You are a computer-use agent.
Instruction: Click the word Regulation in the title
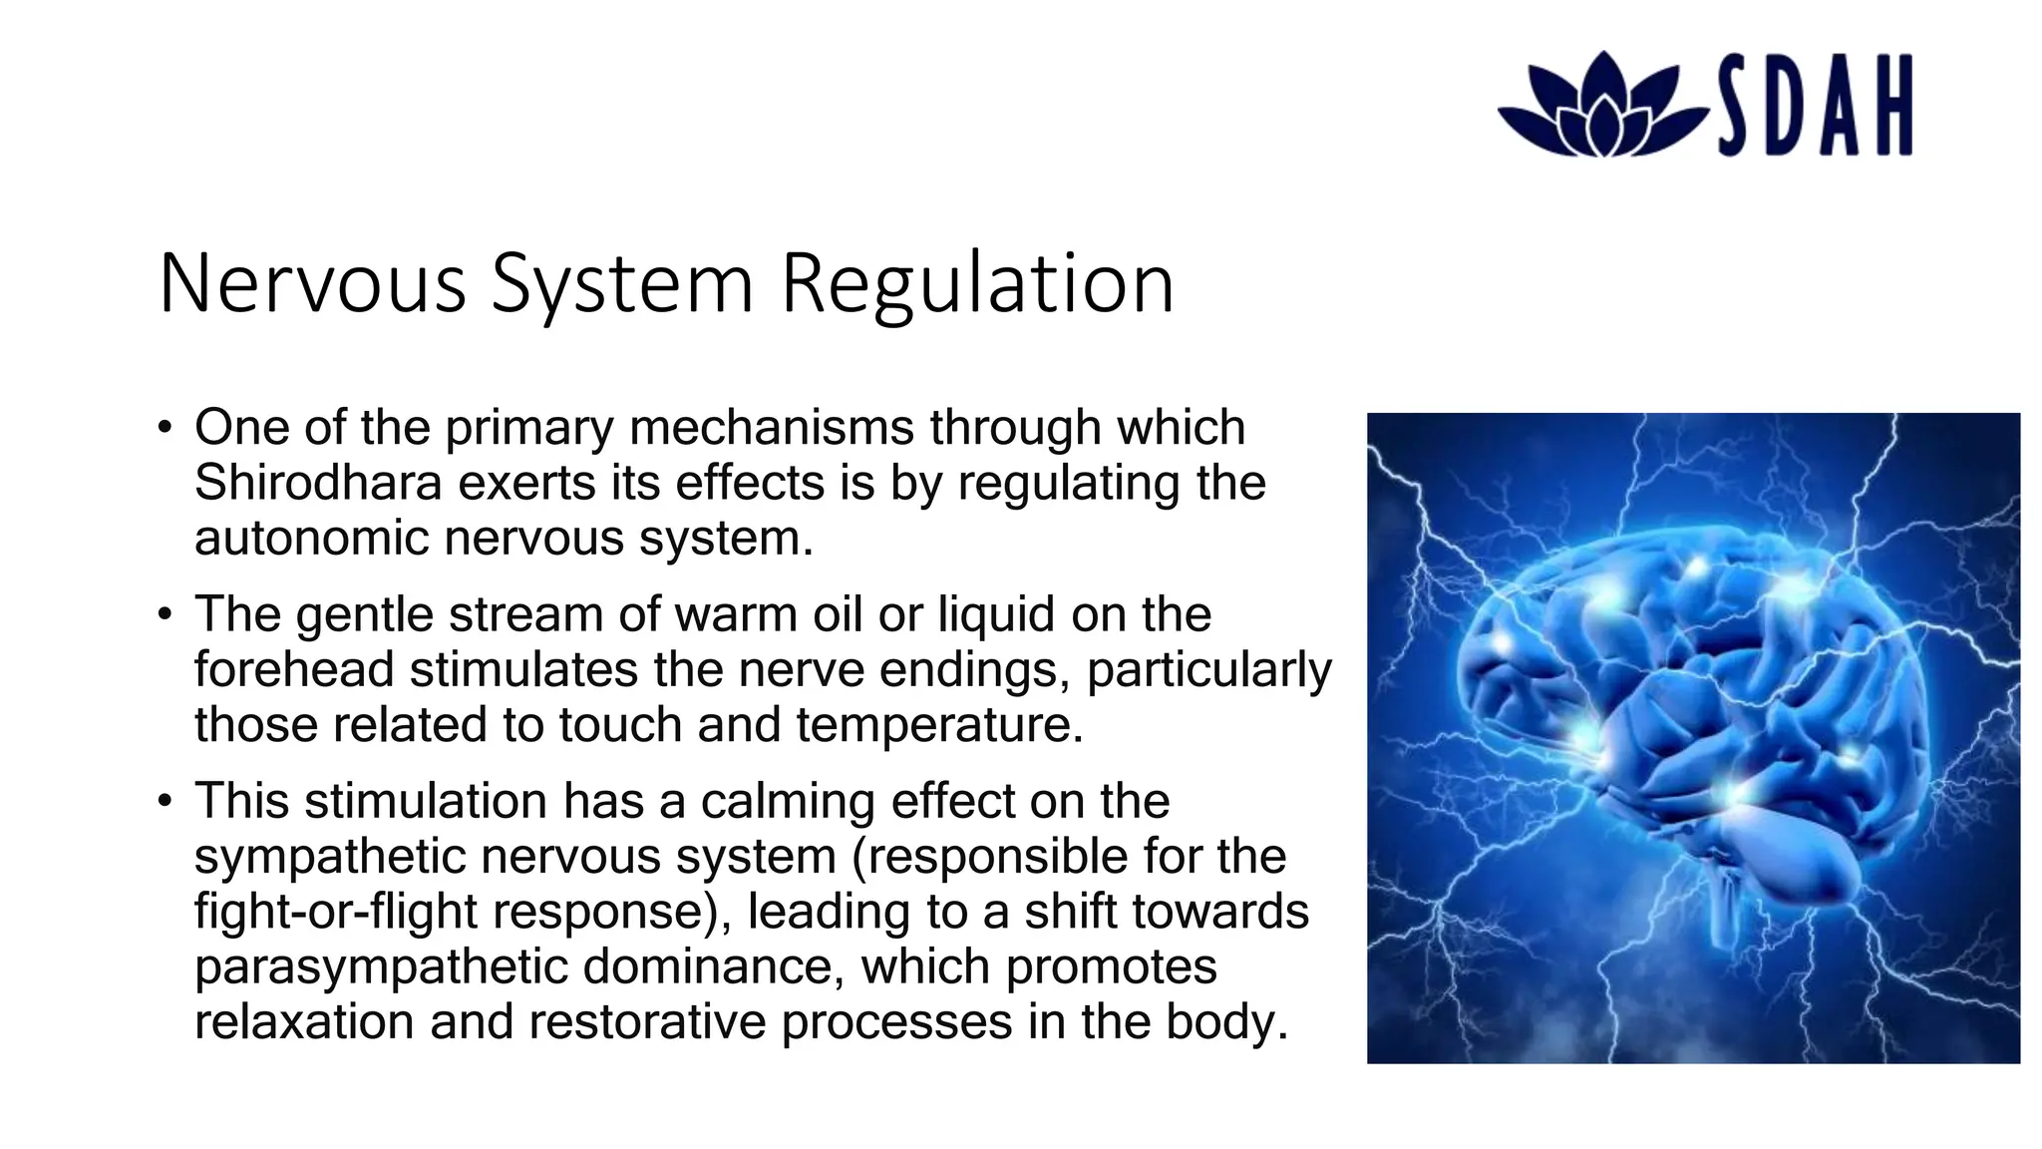977,284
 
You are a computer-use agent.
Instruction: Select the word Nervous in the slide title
312,284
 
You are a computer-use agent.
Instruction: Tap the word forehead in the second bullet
293,669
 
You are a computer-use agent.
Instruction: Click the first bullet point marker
166,429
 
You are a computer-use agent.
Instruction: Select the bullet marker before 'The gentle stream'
166,615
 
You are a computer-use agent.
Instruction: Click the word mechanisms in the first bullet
772,428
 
